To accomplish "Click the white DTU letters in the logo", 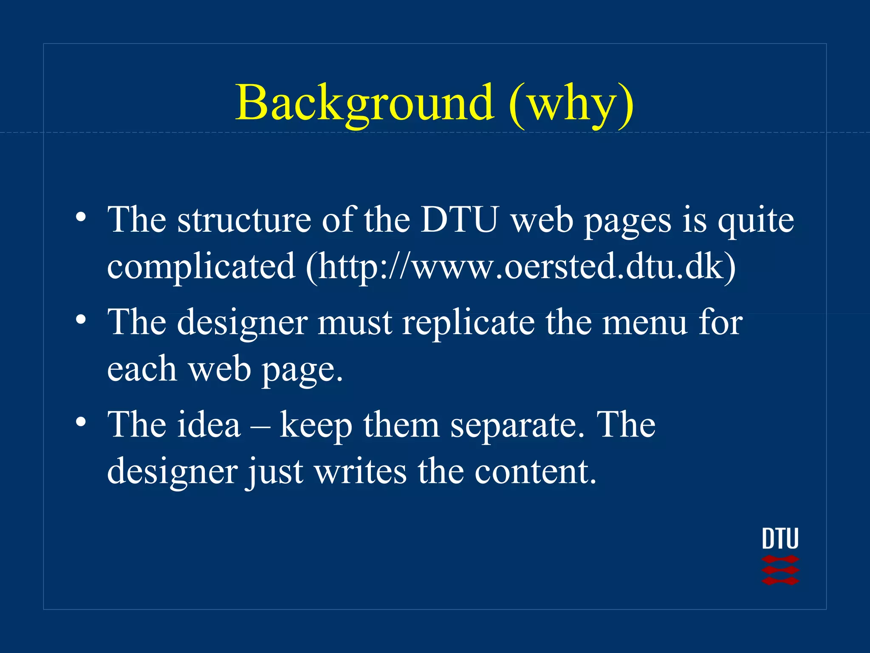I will (x=780, y=539).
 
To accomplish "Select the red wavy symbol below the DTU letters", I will (x=780, y=570).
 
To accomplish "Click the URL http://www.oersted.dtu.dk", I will (x=520, y=267).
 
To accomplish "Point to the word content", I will (x=535, y=471).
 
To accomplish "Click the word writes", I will (x=360, y=471).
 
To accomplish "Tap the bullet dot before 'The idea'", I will (x=81, y=422).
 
